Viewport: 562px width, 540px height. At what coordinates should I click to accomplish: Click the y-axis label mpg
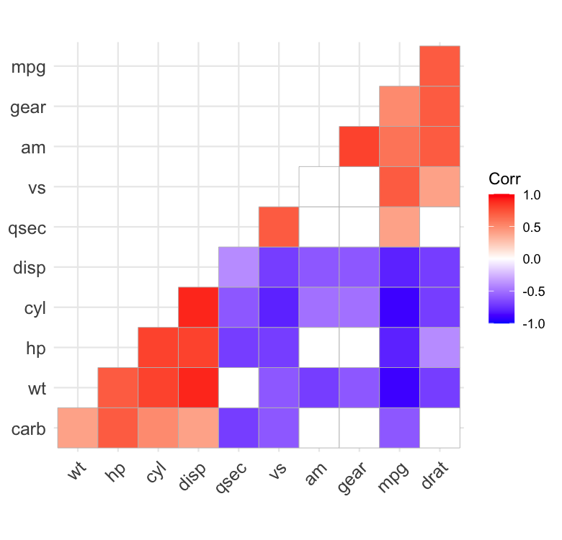pos(28,67)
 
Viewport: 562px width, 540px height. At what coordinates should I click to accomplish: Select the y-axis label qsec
pos(27,228)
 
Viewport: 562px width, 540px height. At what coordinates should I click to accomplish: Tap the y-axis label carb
pos(28,428)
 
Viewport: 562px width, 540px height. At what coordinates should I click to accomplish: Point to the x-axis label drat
pos(434,475)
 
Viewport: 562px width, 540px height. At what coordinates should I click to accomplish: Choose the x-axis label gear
pos(352,478)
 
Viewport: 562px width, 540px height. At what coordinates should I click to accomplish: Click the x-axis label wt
pos(76,471)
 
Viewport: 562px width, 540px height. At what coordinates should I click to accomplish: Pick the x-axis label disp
pos(192,476)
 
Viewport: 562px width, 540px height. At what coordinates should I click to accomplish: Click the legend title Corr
pos(504,179)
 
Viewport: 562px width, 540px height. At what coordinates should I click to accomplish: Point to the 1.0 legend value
pos(532,195)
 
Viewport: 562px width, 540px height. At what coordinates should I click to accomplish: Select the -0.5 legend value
pos(534,292)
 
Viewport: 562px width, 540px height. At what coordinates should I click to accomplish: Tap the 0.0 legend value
pos(532,259)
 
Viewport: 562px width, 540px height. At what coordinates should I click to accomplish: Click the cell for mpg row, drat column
pos(440,66)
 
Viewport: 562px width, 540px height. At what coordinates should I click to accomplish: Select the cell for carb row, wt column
pos(78,428)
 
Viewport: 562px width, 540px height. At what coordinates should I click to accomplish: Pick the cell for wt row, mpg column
pos(399,387)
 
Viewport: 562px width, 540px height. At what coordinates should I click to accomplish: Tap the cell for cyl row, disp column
pos(199,307)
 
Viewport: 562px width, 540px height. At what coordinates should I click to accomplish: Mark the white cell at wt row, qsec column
pos(238,387)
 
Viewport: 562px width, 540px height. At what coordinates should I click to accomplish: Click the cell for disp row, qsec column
pos(238,267)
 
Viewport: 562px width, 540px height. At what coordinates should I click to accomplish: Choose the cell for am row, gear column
pos(359,146)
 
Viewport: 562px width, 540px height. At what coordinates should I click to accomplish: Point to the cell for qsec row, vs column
pos(279,227)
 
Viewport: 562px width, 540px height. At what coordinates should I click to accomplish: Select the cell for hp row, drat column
pos(440,347)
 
